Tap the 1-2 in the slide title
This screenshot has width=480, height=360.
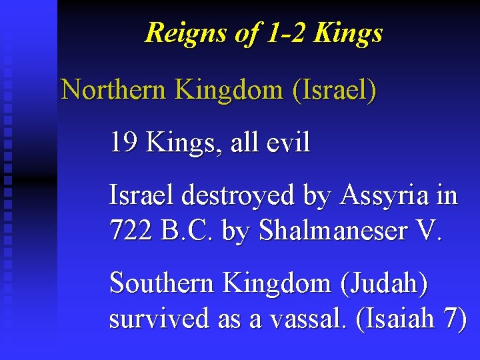pos(277,32)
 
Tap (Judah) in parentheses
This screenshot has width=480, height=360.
pos(384,283)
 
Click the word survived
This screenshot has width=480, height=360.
pos(159,319)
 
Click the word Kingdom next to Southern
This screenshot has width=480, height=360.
pos(278,283)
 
